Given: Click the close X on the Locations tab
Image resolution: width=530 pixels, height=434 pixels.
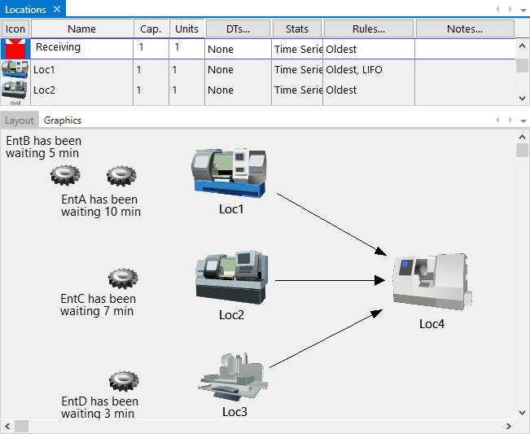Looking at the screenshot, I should click(x=56, y=9).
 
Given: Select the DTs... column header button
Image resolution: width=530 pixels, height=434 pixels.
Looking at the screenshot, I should click(x=238, y=28).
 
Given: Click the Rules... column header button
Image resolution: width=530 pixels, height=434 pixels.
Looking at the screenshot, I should click(x=370, y=28).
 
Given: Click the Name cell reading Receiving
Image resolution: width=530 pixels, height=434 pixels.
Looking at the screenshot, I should click(x=81, y=48).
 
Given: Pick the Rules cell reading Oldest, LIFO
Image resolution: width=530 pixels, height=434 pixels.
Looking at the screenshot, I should click(x=369, y=70).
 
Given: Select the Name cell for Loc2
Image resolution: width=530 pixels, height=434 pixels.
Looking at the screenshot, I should click(x=81, y=90).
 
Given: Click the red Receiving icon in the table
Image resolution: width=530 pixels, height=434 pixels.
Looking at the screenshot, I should click(x=15, y=48).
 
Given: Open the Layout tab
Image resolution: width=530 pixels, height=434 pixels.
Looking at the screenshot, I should click(x=20, y=121).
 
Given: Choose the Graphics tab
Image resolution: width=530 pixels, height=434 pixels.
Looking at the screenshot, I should click(x=63, y=121).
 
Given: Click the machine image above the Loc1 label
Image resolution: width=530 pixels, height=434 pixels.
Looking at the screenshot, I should click(x=230, y=172).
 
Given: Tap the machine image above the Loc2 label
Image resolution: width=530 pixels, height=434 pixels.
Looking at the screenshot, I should click(x=231, y=278).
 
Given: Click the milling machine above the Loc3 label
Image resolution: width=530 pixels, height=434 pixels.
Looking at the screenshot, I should click(x=234, y=377).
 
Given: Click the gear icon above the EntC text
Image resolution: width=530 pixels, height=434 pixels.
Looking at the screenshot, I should click(x=122, y=279).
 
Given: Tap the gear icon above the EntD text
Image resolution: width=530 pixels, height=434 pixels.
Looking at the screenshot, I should click(x=123, y=381).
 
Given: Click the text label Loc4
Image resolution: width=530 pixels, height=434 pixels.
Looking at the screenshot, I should click(x=431, y=323).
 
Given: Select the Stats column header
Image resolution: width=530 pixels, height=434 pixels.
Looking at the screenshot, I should click(x=297, y=28).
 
